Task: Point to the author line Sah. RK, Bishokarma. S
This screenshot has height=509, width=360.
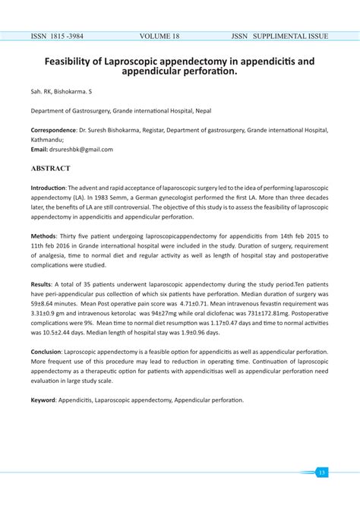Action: click(63, 91)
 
